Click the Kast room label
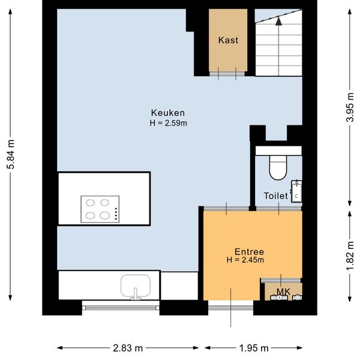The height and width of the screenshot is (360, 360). pyautogui.click(x=228, y=40)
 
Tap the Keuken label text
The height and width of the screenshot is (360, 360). pyautogui.click(x=168, y=113)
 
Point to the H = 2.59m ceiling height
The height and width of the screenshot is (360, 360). pyautogui.click(x=168, y=123)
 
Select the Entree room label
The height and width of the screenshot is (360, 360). pyautogui.click(x=249, y=252)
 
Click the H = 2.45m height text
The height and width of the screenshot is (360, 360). pyautogui.click(x=245, y=260)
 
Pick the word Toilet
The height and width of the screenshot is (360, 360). pyautogui.click(x=276, y=196)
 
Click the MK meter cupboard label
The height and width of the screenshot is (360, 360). pyautogui.click(x=283, y=292)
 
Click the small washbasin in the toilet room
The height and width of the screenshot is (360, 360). pyautogui.click(x=296, y=191)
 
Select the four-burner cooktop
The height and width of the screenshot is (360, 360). pyautogui.click(x=100, y=209)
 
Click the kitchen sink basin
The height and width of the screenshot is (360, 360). pyautogui.click(x=136, y=286)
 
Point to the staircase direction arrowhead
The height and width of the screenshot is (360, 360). pyautogui.click(x=278, y=21)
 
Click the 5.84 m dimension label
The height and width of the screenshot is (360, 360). pyautogui.click(x=11, y=154)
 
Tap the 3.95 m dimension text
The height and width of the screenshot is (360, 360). pyautogui.click(x=350, y=107)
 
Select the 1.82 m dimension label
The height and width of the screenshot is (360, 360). pyautogui.click(x=350, y=256)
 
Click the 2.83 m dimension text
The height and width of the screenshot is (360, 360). pyautogui.click(x=128, y=348)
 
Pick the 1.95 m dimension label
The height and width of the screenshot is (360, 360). pyautogui.click(x=254, y=348)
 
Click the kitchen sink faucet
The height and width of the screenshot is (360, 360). pyautogui.click(x=136, y=295)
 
